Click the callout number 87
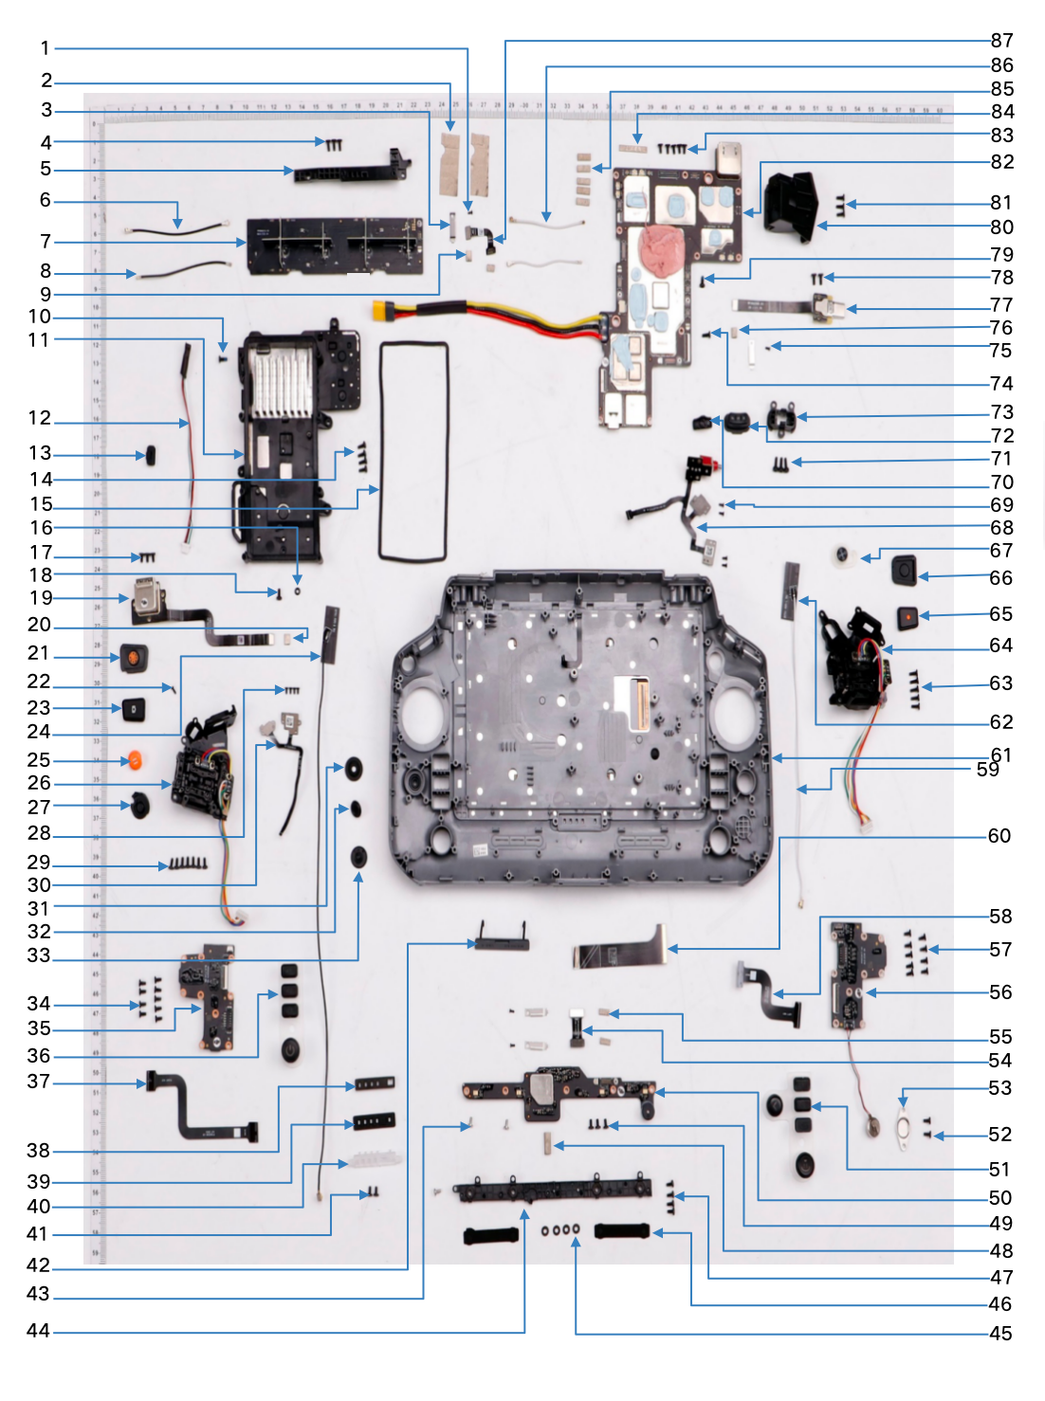1001,41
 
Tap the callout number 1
45,48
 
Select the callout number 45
1000,1334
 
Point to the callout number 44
38,1331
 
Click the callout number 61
1001,755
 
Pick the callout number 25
38,760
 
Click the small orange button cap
135,760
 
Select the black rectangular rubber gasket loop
413,451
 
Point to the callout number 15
41,504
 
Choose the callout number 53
999,1088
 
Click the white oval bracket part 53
904,1130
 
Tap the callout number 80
1001,227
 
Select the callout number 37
38,1082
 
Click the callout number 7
46,242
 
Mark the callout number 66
1001,578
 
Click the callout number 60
999,836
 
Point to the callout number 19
41,598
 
